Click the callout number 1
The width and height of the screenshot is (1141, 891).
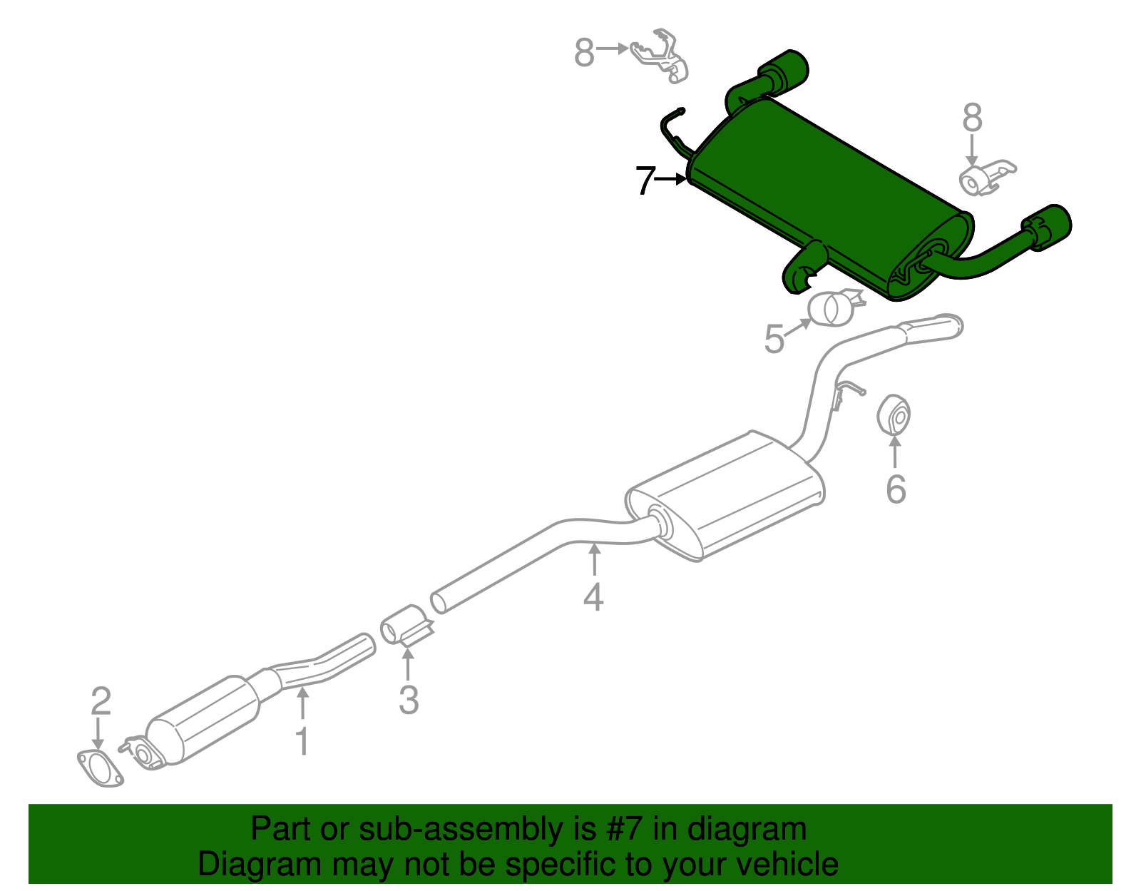point(302,742)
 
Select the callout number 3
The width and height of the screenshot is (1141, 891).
point(409,700)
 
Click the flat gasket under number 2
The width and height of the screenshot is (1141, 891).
point(100,768)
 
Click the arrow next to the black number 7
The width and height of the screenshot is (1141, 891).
point(670,179)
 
